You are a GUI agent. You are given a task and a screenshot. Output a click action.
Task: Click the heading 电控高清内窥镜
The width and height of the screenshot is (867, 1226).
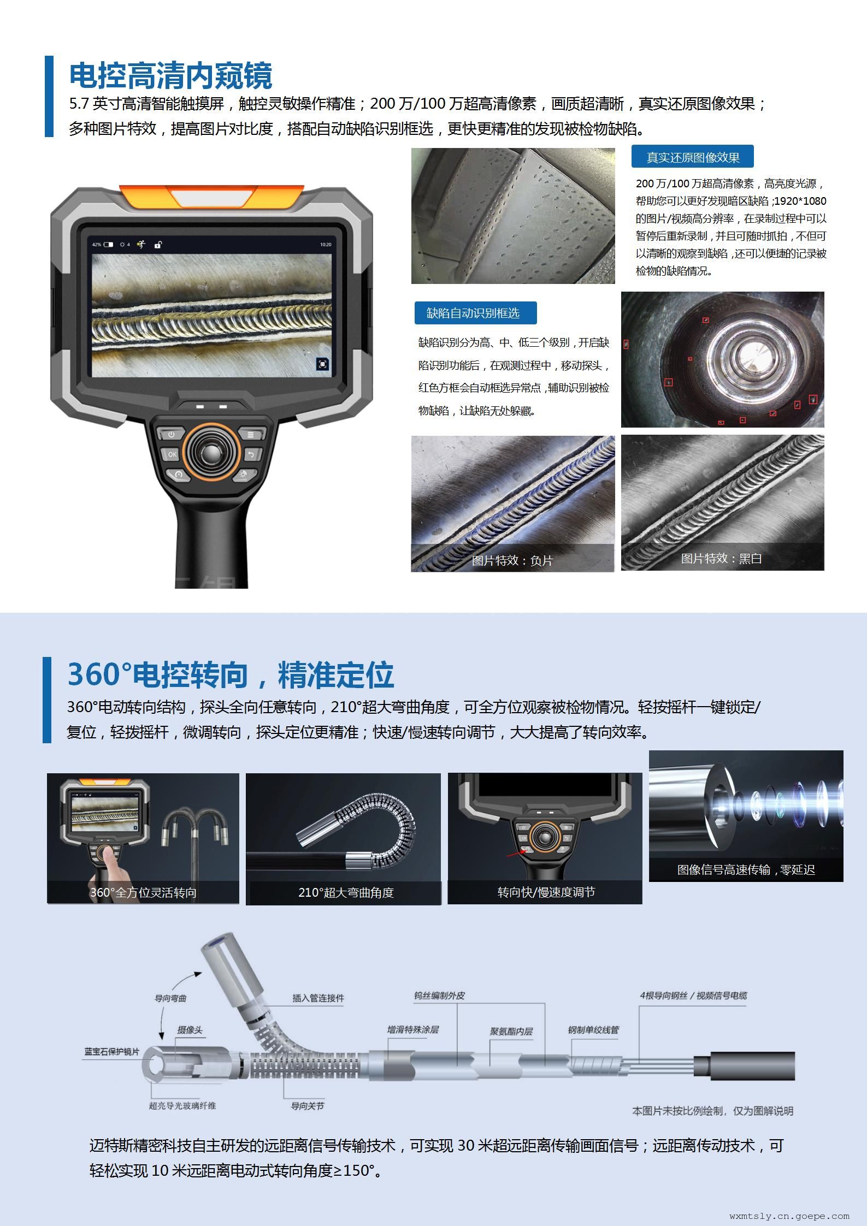170,75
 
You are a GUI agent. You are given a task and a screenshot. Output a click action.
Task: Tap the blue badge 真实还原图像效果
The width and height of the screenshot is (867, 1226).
693,157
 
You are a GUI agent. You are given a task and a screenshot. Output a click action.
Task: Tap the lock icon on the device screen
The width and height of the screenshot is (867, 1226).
158,244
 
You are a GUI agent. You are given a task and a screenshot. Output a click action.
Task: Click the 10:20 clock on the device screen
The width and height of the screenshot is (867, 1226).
326,244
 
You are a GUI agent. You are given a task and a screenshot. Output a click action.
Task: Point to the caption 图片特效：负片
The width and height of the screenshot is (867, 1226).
512,560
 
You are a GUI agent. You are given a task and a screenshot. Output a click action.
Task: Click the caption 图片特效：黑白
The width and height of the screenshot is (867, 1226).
721,558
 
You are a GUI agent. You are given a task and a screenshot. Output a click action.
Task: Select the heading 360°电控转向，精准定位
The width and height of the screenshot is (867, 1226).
230,674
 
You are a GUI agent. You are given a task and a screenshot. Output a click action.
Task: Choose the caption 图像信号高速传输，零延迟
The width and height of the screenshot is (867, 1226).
746,869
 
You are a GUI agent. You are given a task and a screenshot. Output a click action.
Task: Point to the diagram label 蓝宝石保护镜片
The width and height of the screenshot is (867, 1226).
111,1051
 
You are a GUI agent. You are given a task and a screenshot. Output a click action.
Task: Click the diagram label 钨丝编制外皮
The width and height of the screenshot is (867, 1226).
439,996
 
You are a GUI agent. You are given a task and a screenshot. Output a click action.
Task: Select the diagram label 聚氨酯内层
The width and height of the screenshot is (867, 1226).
511,1032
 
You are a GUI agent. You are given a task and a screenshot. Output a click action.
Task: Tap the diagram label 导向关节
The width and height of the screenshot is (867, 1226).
307,1106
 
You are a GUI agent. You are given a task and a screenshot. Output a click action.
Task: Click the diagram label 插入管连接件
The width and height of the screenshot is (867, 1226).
318,998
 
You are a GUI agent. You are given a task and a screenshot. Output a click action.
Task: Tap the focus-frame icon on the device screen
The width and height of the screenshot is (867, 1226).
322,364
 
